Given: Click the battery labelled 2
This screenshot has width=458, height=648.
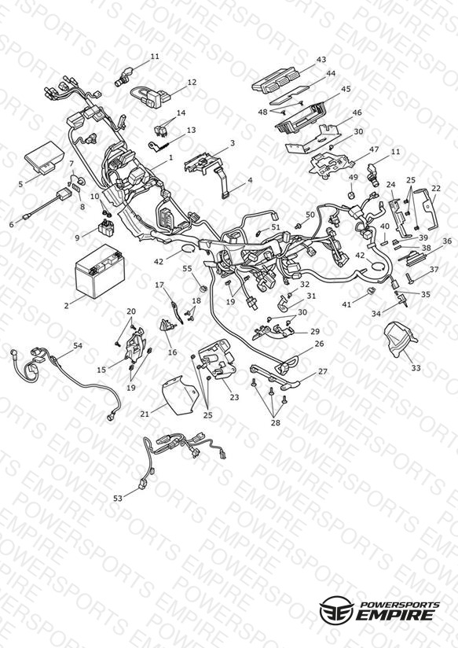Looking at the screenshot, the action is (100, 271).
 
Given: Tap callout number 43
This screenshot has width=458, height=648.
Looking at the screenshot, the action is (321, 60).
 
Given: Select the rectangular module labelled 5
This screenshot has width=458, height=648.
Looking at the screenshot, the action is (44, 157).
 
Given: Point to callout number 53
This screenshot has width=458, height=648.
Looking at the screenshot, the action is (118, 499).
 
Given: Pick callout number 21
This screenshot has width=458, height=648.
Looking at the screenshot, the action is (145, 414).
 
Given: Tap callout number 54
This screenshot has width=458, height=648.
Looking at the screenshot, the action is (78, 345).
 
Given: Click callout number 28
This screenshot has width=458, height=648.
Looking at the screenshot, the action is (276, 422).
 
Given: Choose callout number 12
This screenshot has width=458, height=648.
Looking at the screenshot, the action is (192, 83).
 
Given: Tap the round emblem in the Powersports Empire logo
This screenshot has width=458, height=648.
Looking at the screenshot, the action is (336, 609).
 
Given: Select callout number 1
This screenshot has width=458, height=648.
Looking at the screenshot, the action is (171, 157).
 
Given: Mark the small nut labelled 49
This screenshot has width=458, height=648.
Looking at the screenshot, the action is (351, 195).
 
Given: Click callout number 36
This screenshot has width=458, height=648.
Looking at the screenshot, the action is (447, 241).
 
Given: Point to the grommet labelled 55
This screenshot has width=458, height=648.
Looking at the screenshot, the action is (203, 288).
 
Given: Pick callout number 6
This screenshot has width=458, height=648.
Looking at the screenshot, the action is (11, 224).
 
